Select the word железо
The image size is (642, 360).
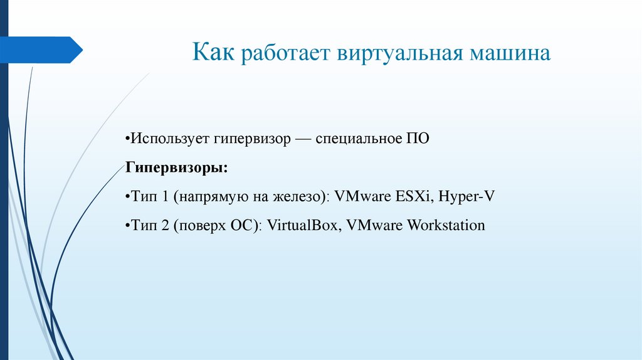click(298, 196)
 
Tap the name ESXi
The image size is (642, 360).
click(413, 196)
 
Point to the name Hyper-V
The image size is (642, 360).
click(466, 196)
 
